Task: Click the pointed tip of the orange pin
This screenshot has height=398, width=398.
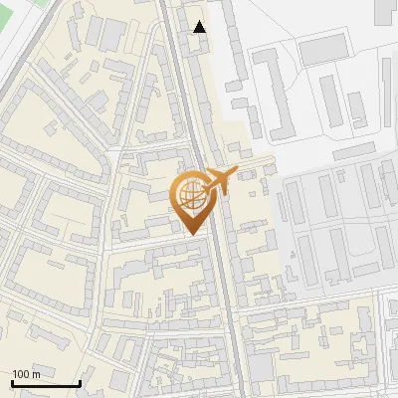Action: [x=191, y=233]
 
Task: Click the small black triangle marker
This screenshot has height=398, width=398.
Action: [x=200, y=27]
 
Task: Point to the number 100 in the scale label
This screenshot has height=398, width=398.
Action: [x=21, y=374]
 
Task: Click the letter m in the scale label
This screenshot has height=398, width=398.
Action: [x=36, y=374]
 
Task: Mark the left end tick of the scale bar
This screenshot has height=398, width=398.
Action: [x=12, y=383]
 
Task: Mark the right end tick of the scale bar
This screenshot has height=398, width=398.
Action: [x=80, y=383]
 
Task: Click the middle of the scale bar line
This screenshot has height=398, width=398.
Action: [x=46, y=384]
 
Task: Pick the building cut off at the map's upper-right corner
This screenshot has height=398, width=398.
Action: [x=386, y=12]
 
